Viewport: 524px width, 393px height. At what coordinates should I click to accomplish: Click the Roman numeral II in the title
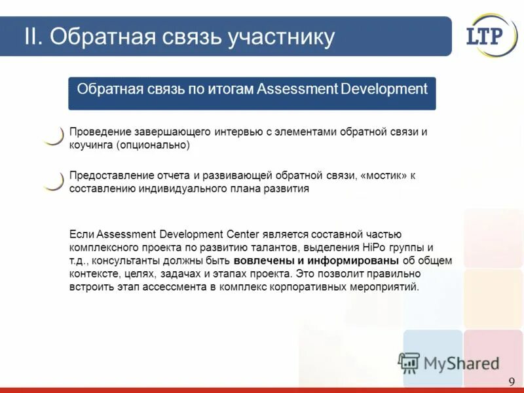[33, 37]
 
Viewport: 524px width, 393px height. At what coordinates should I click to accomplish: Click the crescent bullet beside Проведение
[53, 136]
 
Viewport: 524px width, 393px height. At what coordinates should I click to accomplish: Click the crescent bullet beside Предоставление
[53, 180]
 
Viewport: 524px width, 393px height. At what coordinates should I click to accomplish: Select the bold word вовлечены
[259, 261]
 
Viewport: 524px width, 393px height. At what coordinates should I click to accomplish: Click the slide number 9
[511, 382]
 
